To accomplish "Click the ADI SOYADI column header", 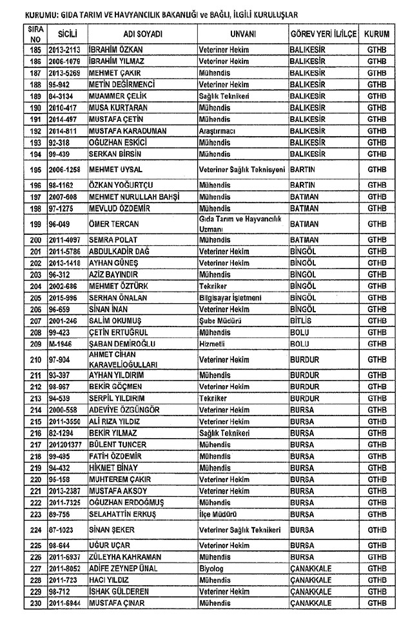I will click(x=142, y=34).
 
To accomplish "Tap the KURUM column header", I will click(x=376, y=34).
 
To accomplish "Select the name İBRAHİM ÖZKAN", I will click(x=115, y=50).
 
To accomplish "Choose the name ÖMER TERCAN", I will click(x=114, y=225).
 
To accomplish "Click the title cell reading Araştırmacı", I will click(x=217, y=131).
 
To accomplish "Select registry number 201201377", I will click(x=65, y=445).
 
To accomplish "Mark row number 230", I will click(x=35, y=603).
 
